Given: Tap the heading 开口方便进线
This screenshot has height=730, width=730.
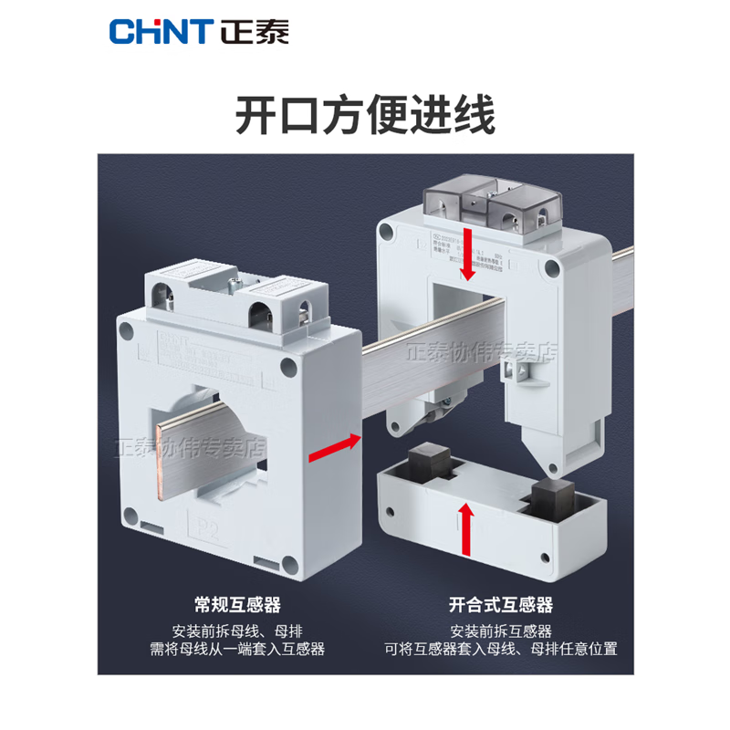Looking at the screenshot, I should (365, 118).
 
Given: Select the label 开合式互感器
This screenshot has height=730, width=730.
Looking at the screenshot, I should (501, 604).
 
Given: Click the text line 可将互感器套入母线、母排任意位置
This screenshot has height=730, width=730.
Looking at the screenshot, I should (500, 650).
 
